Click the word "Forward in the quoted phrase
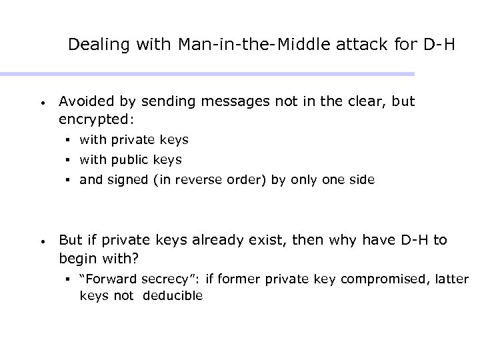pos(104,279)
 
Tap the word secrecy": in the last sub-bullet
pos(159,279)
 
